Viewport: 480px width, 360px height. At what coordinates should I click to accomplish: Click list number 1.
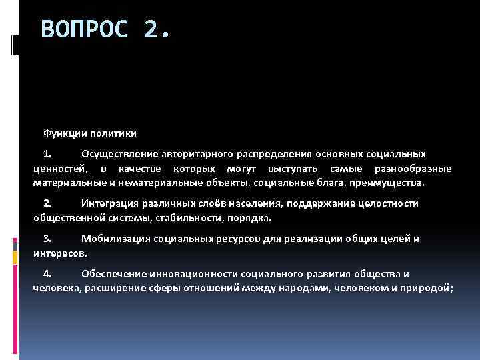click(47, 153)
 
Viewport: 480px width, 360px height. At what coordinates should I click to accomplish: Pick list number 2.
click(47, 203)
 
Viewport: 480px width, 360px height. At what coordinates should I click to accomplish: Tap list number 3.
click(47, 239)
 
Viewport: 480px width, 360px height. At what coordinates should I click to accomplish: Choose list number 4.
click(47, 273)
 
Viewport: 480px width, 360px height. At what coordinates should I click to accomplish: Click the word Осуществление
click(117, 153)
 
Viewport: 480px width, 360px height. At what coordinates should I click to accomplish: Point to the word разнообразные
click(413, 168)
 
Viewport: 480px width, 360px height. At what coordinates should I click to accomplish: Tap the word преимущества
click(391, 182)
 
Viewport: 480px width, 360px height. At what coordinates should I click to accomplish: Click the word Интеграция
click(109, 203)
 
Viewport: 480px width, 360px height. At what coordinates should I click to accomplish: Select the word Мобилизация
click(113, 239)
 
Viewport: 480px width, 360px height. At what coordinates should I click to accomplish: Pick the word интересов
click(59, 253)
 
